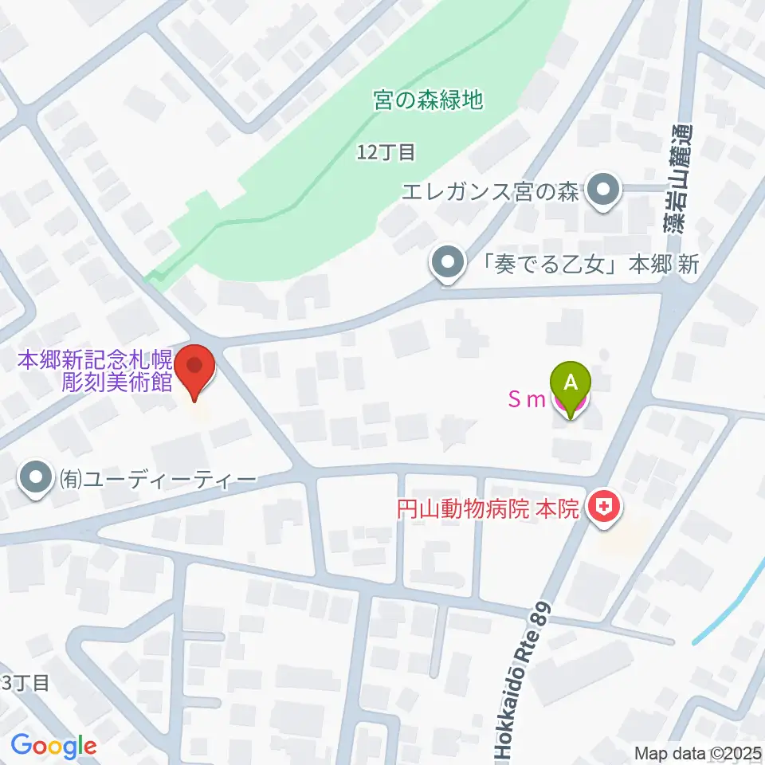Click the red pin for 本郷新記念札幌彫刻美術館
click(195, 369)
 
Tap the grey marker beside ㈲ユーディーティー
click(37, 479)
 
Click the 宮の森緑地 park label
click(429, 100)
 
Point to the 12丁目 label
click(386, 151)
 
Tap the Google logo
click(53, 747)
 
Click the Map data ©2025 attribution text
click(698, 753)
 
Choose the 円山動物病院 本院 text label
click(488, 509)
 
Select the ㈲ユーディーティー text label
click(156, 480)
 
